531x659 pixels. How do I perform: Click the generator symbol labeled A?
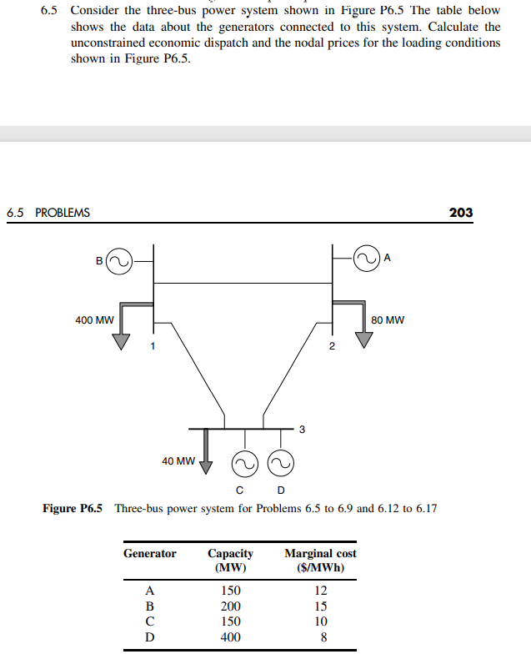(366, 258)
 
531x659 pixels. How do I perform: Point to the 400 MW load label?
(94, 319)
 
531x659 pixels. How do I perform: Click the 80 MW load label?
(388, 319)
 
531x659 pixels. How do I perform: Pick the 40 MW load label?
(178, 460)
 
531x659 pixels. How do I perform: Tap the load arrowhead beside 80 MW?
(364, 340)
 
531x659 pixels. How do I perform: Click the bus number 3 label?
(302, 430)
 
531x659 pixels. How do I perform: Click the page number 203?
(460, 212)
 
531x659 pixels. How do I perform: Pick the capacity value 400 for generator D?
(230, 637)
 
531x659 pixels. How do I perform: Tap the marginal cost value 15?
(320, 606)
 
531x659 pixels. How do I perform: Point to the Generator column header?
(150, 553)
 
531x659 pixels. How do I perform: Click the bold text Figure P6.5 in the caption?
(73, 508)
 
